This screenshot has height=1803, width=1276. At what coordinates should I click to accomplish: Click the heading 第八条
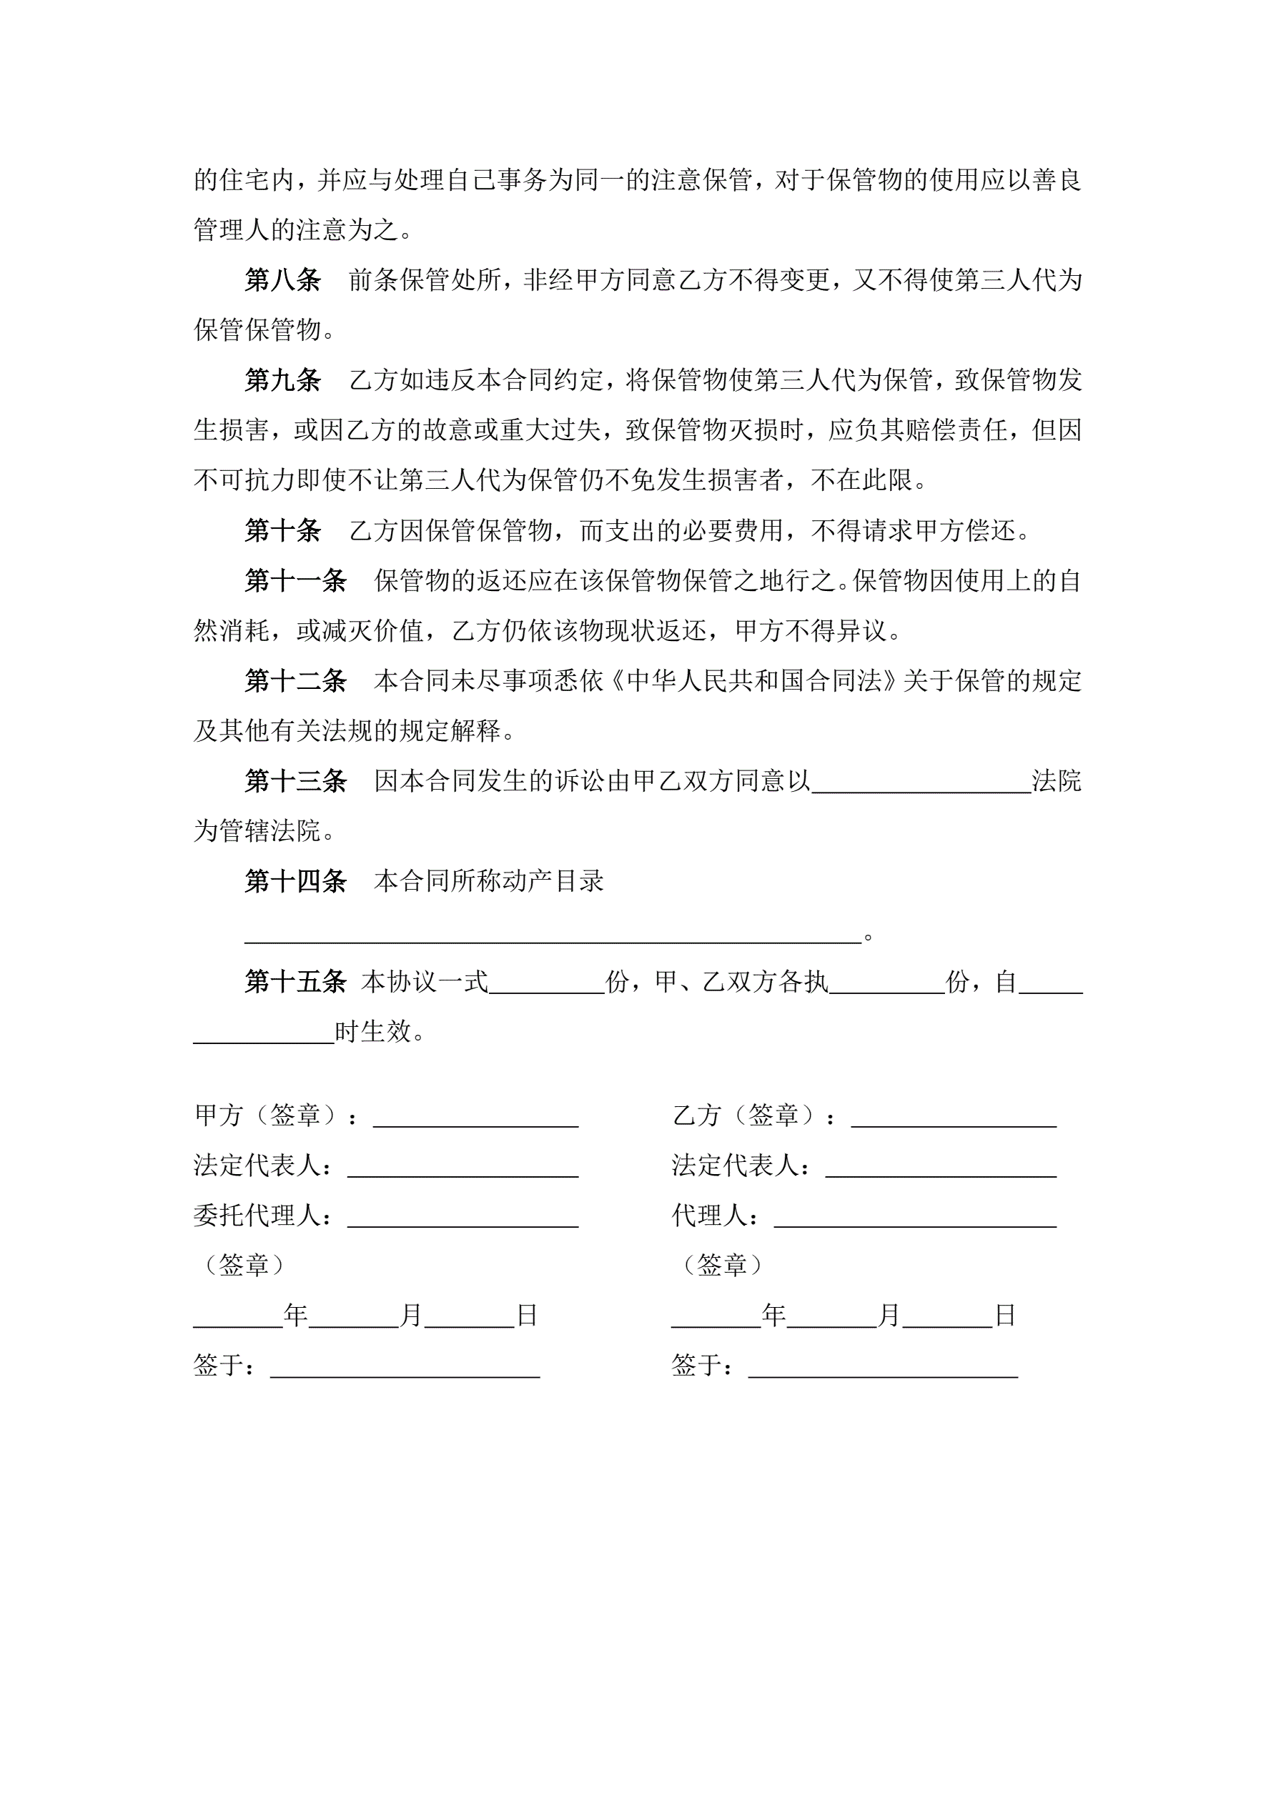282,279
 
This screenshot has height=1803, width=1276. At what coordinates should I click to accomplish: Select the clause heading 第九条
282,380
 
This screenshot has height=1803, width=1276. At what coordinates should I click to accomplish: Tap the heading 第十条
282,531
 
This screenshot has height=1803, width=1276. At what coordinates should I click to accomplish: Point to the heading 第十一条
295,581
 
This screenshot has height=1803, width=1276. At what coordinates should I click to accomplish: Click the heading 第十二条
295,681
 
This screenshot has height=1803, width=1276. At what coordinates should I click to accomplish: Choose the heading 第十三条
295,781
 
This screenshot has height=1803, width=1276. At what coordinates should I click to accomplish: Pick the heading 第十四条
295,881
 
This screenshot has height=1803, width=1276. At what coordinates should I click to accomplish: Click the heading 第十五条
295,982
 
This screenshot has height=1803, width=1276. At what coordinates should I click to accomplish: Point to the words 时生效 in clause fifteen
373,1032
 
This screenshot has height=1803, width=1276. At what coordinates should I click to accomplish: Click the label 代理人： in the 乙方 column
716,1216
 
